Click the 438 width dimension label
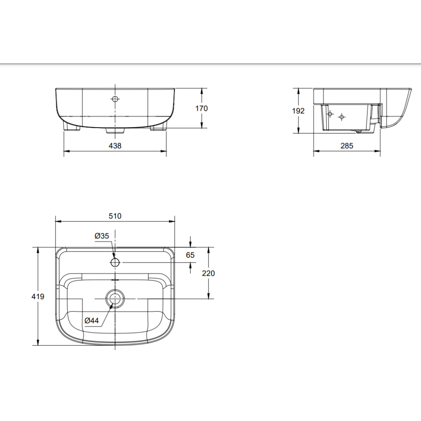pyautogui.click(x=115, y=146)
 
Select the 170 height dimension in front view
pyautogui.click(x=201, y=108)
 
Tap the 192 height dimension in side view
pyautogui.click(x=298, y=111)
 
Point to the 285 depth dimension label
pyautogui.click(x=346, y=146)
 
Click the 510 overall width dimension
pyautogui.click(x=115, y=216)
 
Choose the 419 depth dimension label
pyautogui.click(x=38, y=296)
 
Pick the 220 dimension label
pyautogui.click(x=208, y=273)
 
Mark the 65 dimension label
pyautogui.click(x=190, y=255)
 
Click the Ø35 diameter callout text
pyautogui.click(x=102, y=236)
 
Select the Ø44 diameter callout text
pyautogui.click(x=91, y=321)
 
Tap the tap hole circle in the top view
pyautogui.click(x=115, y=263)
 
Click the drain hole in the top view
pyautogui.click(x=115, y=299)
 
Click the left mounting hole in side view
pyautogui.click(x=330, y=114)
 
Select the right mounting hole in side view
pyautogui.click(x=342, y=116)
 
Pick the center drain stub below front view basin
pyautogui.click(x=115, y=130)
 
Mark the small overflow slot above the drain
pyautogui.click(x=115, y=280)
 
